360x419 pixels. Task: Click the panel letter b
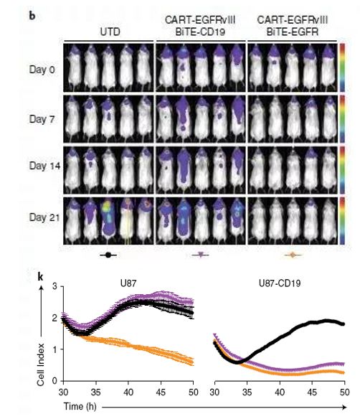pos(32,16)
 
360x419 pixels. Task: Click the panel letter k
pos(40,277)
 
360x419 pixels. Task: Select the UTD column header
pos(110,32)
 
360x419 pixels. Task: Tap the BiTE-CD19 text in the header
pos(200,32)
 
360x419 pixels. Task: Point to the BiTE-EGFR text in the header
pos(293,32)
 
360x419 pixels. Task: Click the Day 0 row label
pos(42,70)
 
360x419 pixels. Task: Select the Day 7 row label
pos(42,119)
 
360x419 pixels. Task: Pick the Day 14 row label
pos(44,166)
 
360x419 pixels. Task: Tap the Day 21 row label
pos(44,217)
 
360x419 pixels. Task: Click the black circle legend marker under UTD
pos(108,255)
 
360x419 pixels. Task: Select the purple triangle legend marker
pos(200,255)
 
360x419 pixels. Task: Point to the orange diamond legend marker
pos(293,255)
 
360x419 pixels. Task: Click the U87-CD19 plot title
pos(280,283)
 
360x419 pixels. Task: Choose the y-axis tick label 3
pos(55,286)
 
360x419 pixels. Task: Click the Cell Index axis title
pos(41,364)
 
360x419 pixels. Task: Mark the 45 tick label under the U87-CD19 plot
pos(312,392)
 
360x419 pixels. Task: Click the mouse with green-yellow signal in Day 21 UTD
pos(108,220)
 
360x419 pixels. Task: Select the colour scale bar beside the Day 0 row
pos(342,68)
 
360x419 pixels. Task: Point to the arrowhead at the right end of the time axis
pos(344,407)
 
